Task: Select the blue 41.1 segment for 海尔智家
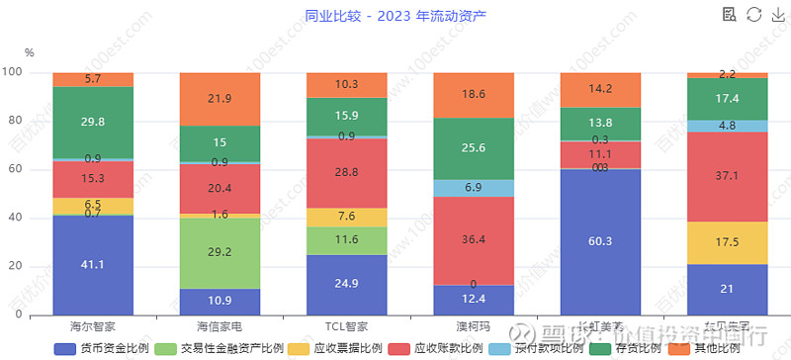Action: (93, 265)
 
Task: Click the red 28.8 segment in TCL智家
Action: (346, 172)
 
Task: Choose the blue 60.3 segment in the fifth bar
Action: (599, 241)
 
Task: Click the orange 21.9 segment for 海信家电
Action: (220, 99)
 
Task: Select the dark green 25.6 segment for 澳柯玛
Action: (473, 148)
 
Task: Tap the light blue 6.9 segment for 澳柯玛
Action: (473, 188)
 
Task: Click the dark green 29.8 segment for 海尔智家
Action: (93, 123)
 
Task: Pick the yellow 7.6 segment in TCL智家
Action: (346, 217)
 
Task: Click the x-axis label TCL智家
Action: (346, 324)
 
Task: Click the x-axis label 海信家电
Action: (220, 324)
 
